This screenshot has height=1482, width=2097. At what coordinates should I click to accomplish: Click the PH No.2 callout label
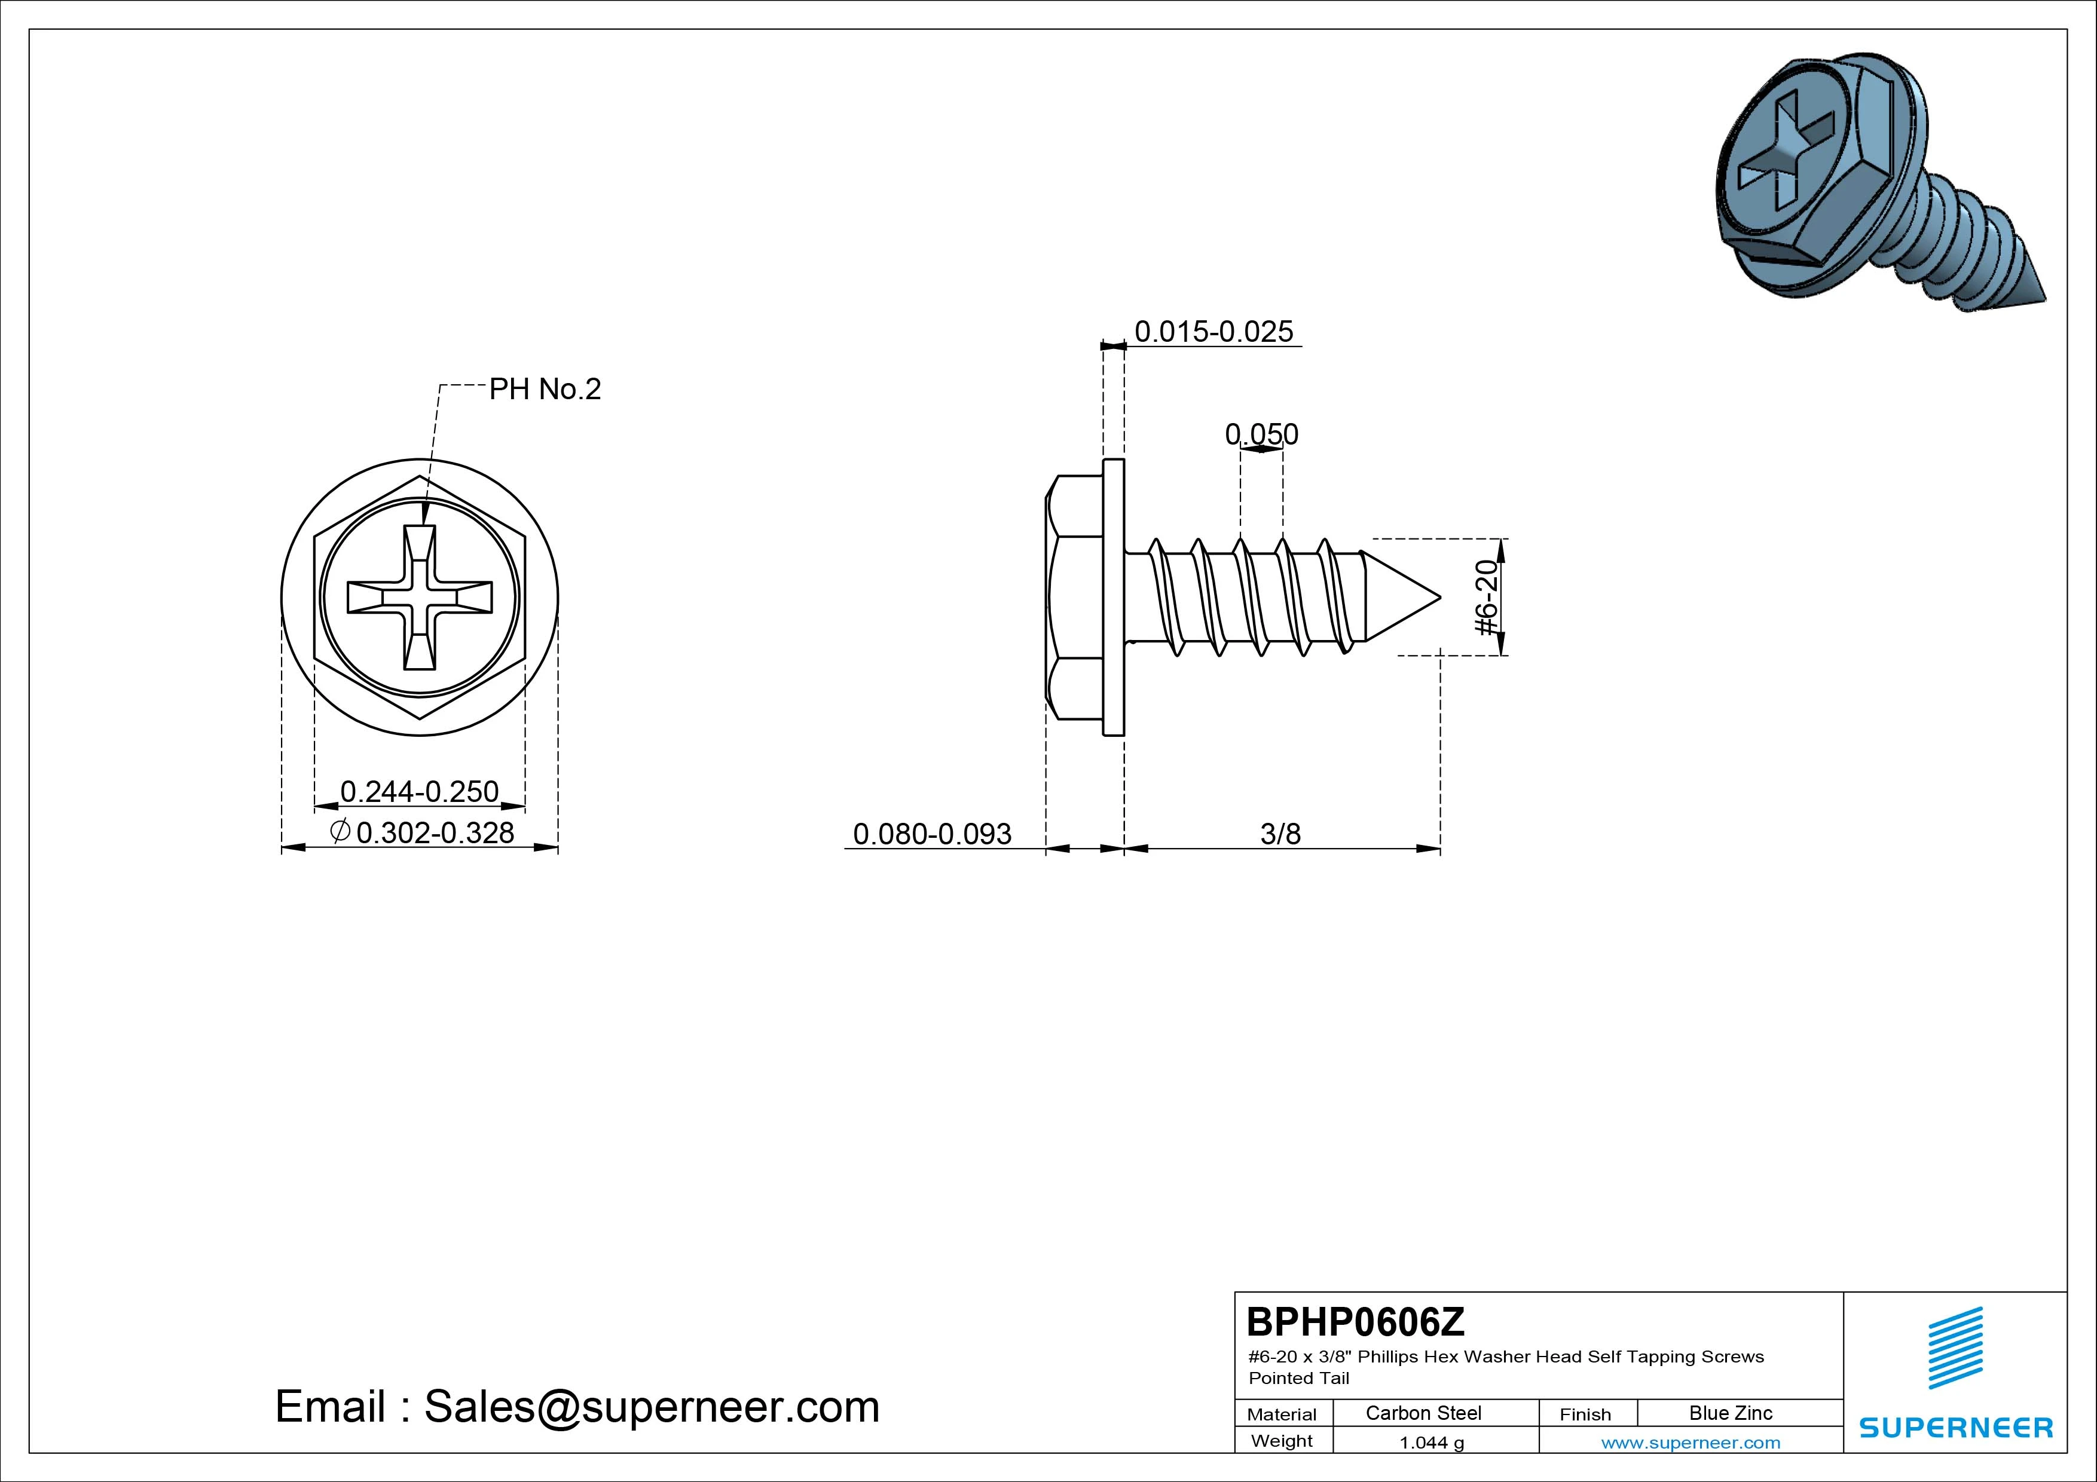pos(545,389)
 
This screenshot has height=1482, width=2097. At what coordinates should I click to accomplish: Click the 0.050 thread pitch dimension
pos(1261,434)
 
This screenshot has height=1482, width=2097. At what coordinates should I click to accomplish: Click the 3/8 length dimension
pos(1280,834)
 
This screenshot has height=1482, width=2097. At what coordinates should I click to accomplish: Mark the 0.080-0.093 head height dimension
pos(933,834)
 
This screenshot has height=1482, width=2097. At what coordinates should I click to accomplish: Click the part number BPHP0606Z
pos(1355,1321)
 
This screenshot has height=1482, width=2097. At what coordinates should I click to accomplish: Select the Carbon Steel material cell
pos(1423,1413)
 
